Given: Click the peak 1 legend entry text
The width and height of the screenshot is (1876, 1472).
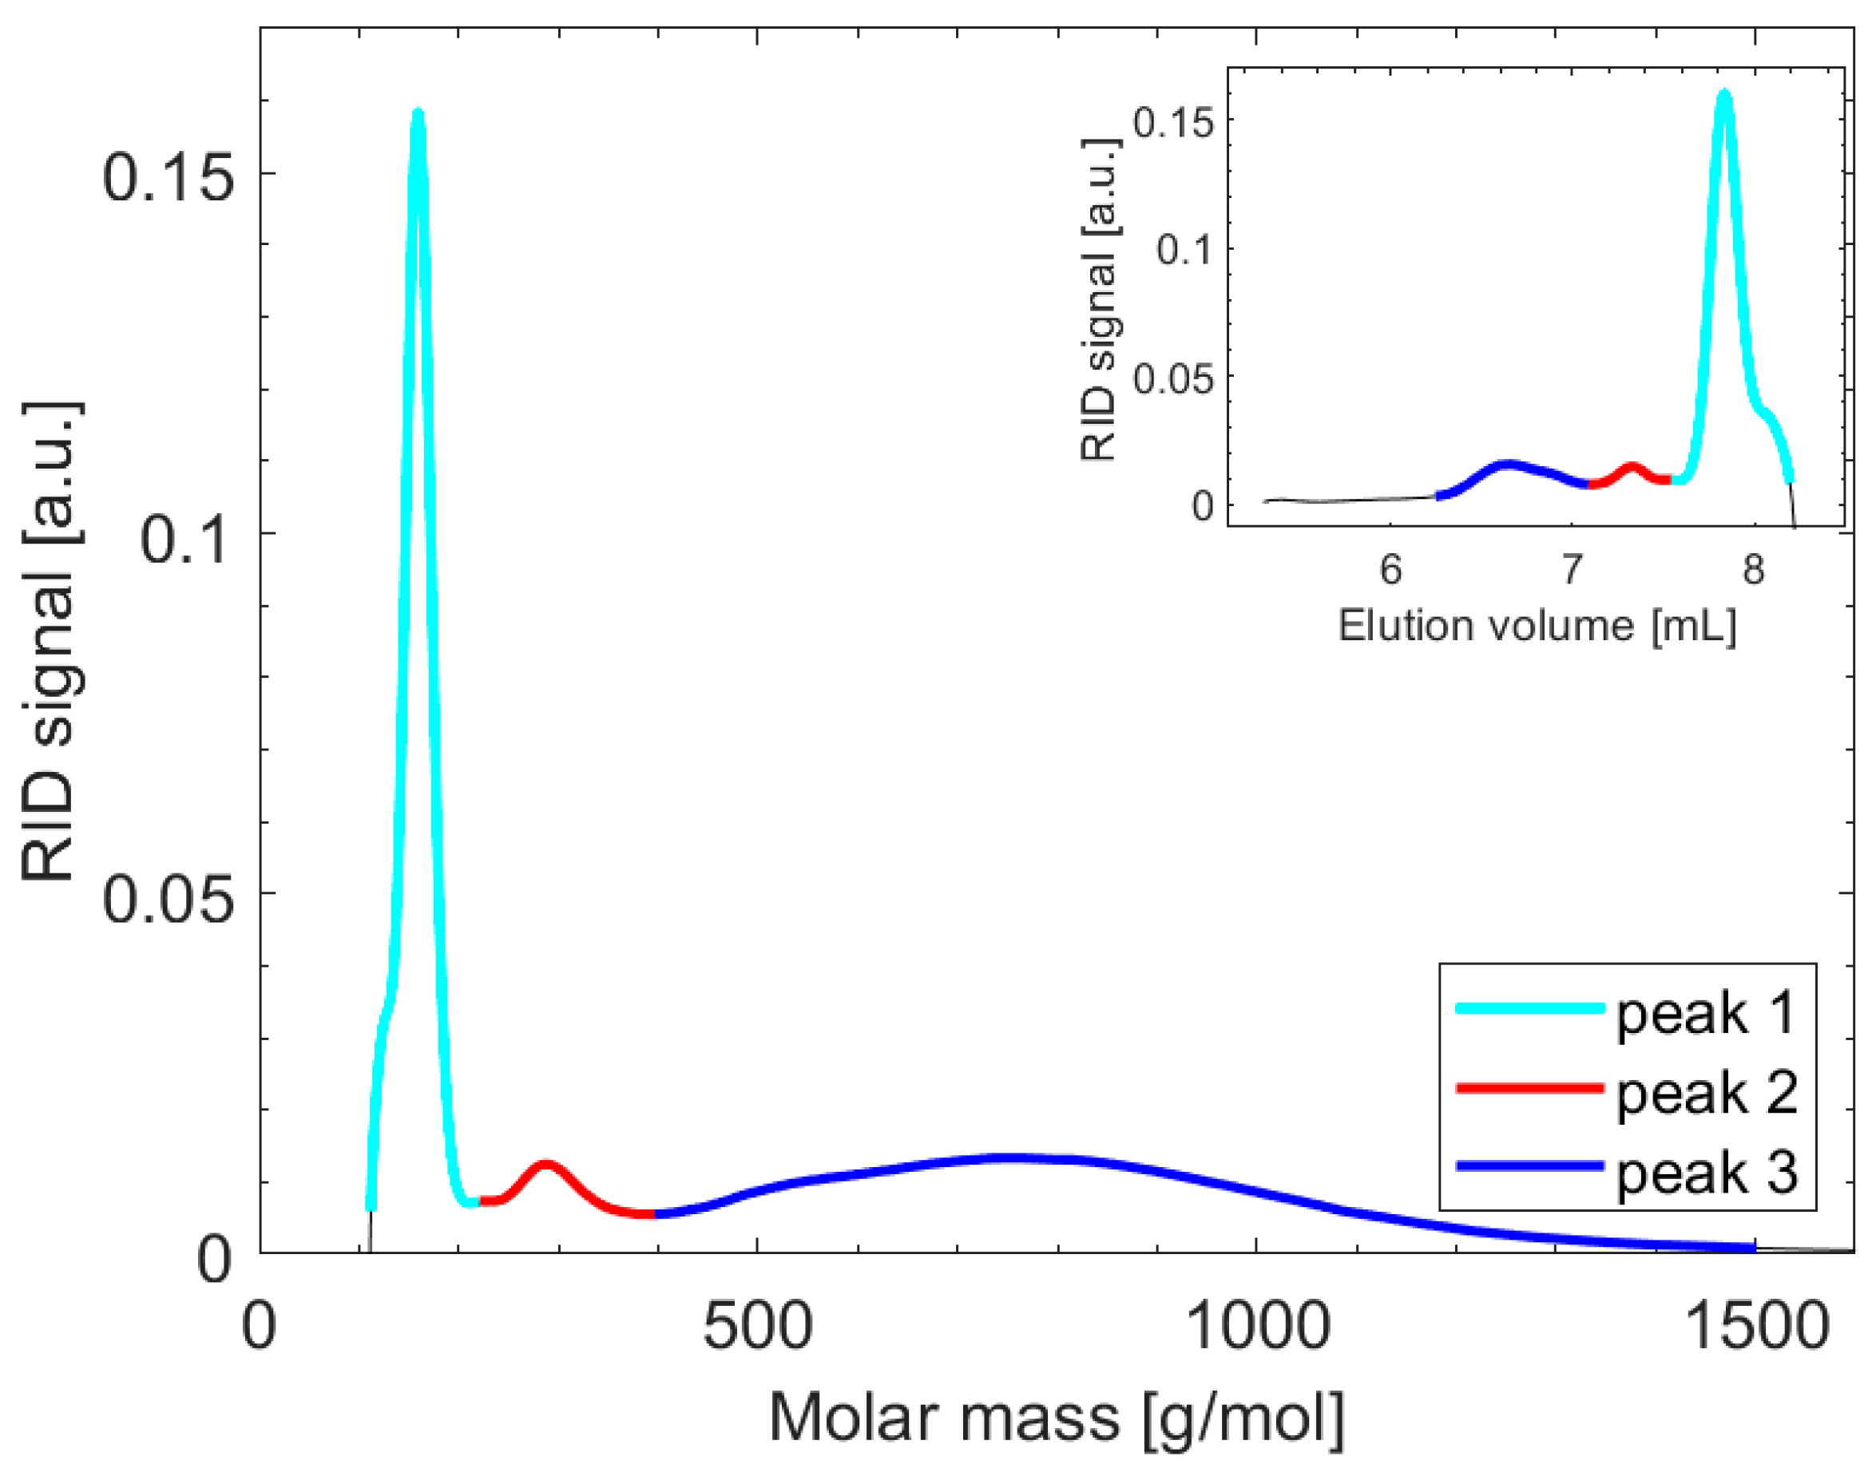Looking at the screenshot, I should [x=1706, y=1014].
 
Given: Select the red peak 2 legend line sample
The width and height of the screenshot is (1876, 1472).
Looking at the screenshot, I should [x=1529, y=1089].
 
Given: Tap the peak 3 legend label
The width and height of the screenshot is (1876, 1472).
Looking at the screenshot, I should [x=1706, y=1173].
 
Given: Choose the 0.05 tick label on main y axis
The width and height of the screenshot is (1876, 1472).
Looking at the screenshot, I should [x=169, y=900].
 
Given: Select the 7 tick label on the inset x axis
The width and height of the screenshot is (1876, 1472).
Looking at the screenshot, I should [x=1572, y=570].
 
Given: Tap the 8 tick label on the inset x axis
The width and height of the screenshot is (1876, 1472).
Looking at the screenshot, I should [x=1753, y=570].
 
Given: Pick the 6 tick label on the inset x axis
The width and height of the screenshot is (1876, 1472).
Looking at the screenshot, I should [x=1390, y=570].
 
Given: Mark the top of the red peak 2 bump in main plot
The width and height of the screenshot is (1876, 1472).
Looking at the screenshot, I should [x=545, y=1165].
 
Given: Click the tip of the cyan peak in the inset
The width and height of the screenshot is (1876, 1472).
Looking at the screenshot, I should [x=1723, y=93].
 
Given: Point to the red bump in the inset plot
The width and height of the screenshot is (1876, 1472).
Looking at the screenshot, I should [x=1631, y=468].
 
